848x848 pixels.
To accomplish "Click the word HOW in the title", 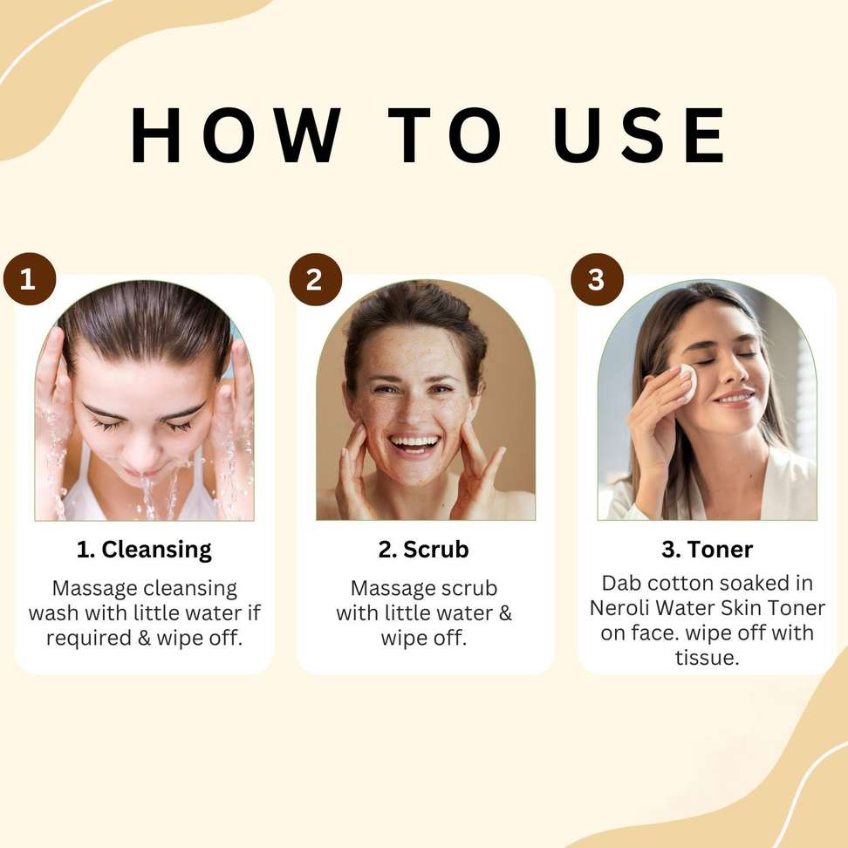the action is click(236, 134).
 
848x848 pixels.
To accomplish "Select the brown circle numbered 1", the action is click(30, 279).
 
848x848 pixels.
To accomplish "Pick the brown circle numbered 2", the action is click(315, 279).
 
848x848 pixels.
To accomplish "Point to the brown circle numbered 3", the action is click(597, 279).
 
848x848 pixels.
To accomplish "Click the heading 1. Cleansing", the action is click(144, 550).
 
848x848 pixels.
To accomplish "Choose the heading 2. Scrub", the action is click(423, 550).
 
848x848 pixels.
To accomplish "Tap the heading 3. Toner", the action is click(707, 550).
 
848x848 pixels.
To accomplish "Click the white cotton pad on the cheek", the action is click(685, 382).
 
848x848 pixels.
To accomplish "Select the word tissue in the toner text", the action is click(707, 658).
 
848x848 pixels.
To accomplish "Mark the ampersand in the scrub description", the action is click(504, 613).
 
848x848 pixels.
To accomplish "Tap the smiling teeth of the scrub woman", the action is click(414, 443).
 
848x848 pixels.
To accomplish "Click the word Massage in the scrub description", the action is click(387, 588).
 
